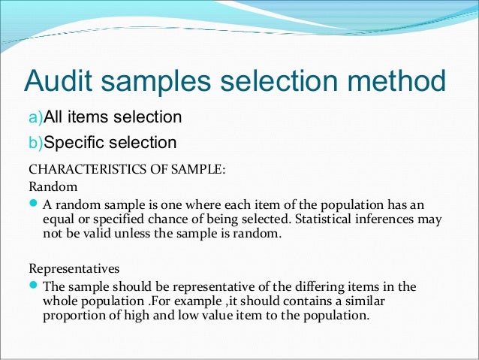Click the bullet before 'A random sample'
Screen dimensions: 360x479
coord(34,204)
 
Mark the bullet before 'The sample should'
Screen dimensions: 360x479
coord(34,286)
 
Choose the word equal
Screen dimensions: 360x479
coord(61,219)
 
